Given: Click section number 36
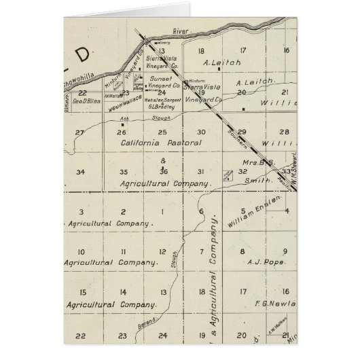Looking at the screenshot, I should [163, 172].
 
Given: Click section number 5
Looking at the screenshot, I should [242, 212].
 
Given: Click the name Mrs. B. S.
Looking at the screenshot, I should [255, 163].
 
